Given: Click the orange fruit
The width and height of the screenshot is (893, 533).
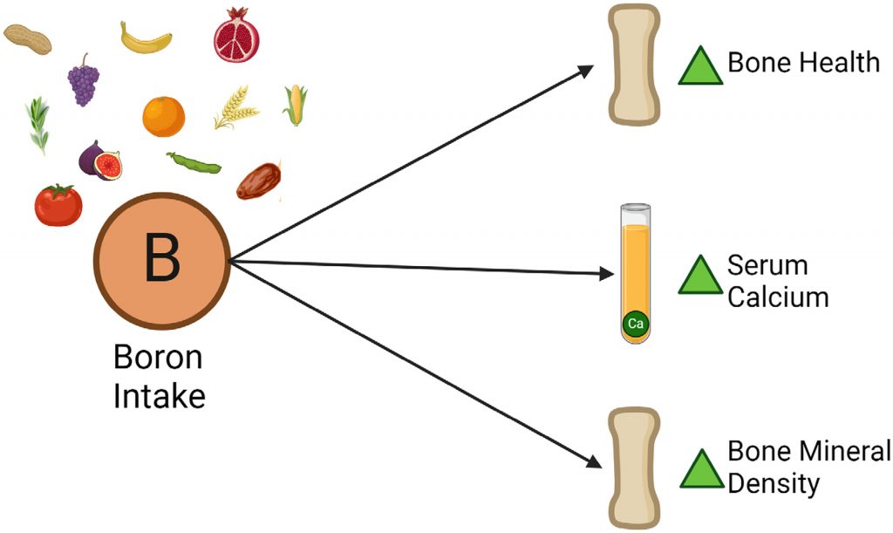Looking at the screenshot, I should (164, 116).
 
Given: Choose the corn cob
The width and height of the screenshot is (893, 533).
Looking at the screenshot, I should (296, 104).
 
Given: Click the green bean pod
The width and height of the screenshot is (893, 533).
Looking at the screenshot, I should (194, 162).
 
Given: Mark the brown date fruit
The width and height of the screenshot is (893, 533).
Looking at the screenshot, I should (257, 181).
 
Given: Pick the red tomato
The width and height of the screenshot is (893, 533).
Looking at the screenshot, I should (58, 205).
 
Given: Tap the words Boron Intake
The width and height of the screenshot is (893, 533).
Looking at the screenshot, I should (159, 377).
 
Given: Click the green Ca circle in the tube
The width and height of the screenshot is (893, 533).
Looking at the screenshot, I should (634, 325).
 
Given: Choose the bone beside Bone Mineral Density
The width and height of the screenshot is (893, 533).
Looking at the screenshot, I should (634, 468).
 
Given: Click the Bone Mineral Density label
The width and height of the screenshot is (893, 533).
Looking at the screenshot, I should (808, 467).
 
